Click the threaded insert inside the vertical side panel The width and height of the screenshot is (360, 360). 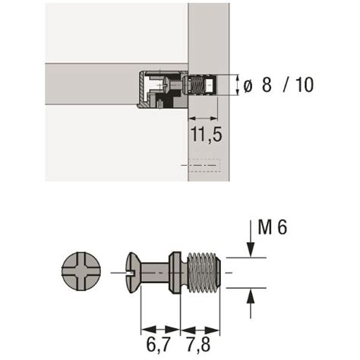pyautogui.click(x=203, y=84)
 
